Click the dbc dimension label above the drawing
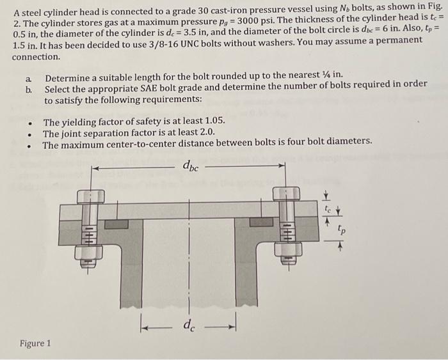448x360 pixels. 190,168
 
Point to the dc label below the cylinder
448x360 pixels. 188,326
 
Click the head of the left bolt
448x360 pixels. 91,196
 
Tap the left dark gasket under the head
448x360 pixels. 116,224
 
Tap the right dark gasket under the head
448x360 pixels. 261,223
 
